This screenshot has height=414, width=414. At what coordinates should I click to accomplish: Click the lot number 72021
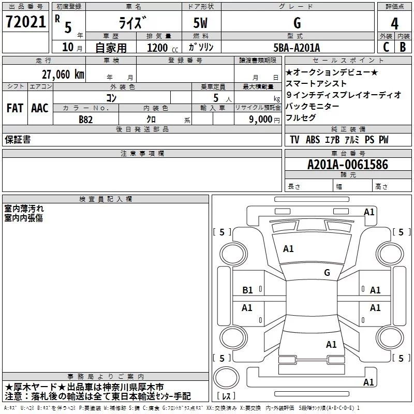coord(25,22)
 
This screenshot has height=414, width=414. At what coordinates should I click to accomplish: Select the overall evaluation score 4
coord(394,23)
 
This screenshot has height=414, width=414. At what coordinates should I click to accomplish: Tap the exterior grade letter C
coord(386,47)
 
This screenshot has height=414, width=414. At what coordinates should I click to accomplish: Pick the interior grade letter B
coord(403,47)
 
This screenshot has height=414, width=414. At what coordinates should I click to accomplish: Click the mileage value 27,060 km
coord(63,75)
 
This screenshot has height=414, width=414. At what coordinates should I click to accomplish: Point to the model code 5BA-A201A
coord(297,48)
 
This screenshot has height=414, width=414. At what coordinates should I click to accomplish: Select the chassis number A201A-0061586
coord(348,165)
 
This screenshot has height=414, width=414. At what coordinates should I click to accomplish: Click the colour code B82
coord(86,120)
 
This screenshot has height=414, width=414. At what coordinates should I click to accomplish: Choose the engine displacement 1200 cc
coord(162,48)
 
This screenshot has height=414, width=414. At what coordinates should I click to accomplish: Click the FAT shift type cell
coord(15,108)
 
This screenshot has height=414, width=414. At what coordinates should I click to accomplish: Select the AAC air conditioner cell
coord(40,108)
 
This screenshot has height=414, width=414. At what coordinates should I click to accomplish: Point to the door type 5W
coord(200,23)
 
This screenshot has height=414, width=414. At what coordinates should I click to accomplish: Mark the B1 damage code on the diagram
coord(247,290)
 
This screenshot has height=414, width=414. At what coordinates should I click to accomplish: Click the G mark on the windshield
coord(327,272)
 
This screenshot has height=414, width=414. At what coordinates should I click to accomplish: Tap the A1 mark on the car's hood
coord(288,249)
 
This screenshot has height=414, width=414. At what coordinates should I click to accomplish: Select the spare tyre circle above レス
coord(226,377)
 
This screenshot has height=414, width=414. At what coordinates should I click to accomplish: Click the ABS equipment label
coord(313,140)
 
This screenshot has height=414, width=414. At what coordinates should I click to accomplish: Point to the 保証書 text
coord(18,139)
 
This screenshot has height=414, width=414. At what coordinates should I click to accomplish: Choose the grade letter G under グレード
coord(297,23)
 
